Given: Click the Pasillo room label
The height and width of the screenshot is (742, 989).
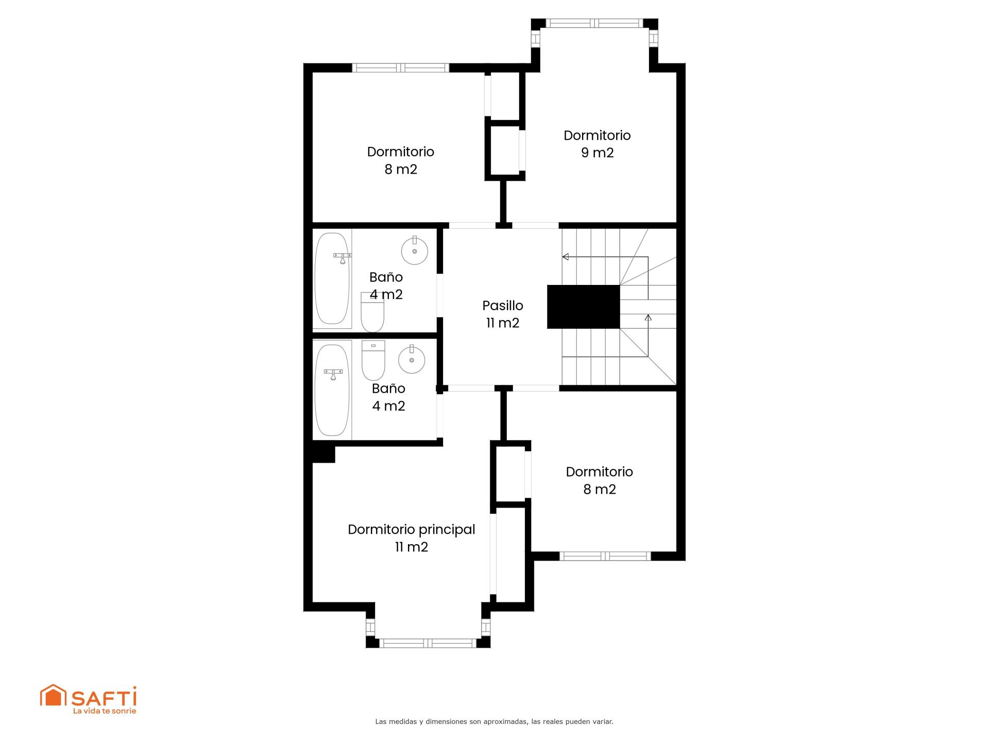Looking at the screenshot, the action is (x=503, y=306).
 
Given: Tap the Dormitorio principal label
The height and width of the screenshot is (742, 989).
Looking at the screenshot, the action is (x=412, y=530).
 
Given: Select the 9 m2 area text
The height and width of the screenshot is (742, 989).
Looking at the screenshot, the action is (x=598, y=153).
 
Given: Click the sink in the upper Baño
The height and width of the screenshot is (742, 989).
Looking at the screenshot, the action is (x=415, y=250).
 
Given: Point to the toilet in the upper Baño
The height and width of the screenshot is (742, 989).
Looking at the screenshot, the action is (x=372, y=312).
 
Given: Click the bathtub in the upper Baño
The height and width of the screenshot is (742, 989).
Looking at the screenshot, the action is (x=332, y=278).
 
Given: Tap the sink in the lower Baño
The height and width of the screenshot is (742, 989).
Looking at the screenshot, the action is (x=412, y=359).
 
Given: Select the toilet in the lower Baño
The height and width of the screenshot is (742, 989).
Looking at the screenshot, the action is (x=373, y=360).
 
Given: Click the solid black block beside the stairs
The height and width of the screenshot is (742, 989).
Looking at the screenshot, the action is (x=583, y=307).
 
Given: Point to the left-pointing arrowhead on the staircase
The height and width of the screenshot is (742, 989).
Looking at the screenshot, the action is (x=565, y=257).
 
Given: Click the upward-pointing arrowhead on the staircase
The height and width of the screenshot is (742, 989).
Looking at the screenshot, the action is (x=648, y=317).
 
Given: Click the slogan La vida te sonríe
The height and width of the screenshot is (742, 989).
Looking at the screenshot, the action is (x=105, y=711).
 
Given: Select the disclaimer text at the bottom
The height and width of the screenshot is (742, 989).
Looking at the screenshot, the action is (x=494, y=722).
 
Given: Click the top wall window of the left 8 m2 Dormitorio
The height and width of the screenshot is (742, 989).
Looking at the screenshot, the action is (x=401, y=68).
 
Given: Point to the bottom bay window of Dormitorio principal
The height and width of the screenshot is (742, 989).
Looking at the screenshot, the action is (x=428, y=643).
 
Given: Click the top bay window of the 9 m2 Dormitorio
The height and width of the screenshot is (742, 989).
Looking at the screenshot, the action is (x=594, y=23).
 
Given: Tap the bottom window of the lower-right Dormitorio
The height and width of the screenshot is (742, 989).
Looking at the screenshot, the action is (x=605, y=556).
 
